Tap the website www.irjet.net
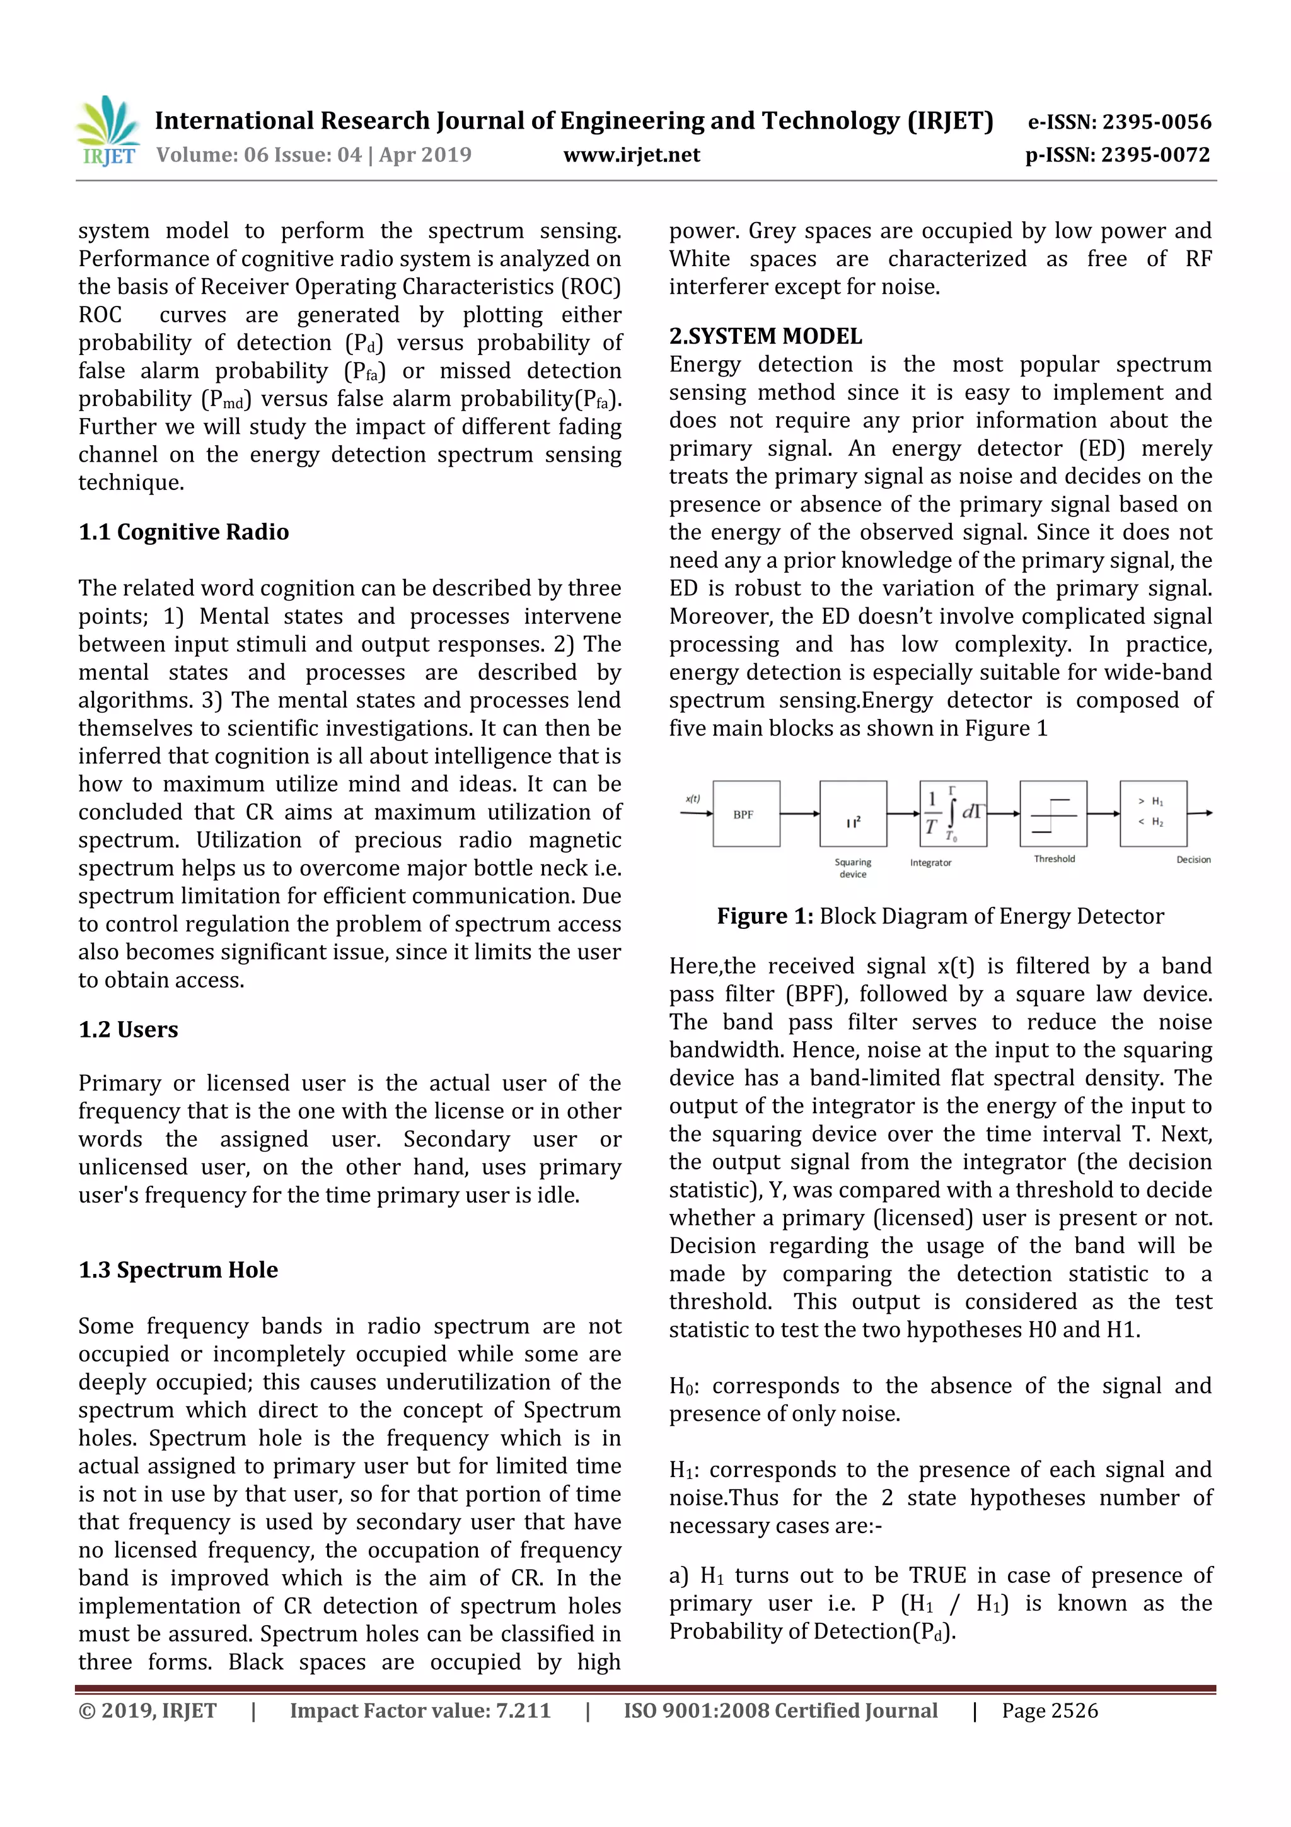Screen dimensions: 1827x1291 click(x=632, y=155)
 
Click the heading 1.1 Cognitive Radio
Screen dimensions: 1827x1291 click(x=183, y=532)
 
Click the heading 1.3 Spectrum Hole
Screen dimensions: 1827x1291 click(x=178, y=1270)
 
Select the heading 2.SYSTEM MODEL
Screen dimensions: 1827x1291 click(x=765, y=336)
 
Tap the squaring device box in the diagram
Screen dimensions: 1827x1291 click(x=853, y=814)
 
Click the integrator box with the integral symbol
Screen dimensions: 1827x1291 click(x=953, y=814)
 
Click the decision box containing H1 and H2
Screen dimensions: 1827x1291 click(x=1152, y=814)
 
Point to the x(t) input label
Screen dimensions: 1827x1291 click(x=693, y=799)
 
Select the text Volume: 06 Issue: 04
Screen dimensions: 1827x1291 click(x=258, y=155)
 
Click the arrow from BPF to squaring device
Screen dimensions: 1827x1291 click(x=799, y=814)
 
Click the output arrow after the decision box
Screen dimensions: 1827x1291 click(x=1200, y=814)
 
